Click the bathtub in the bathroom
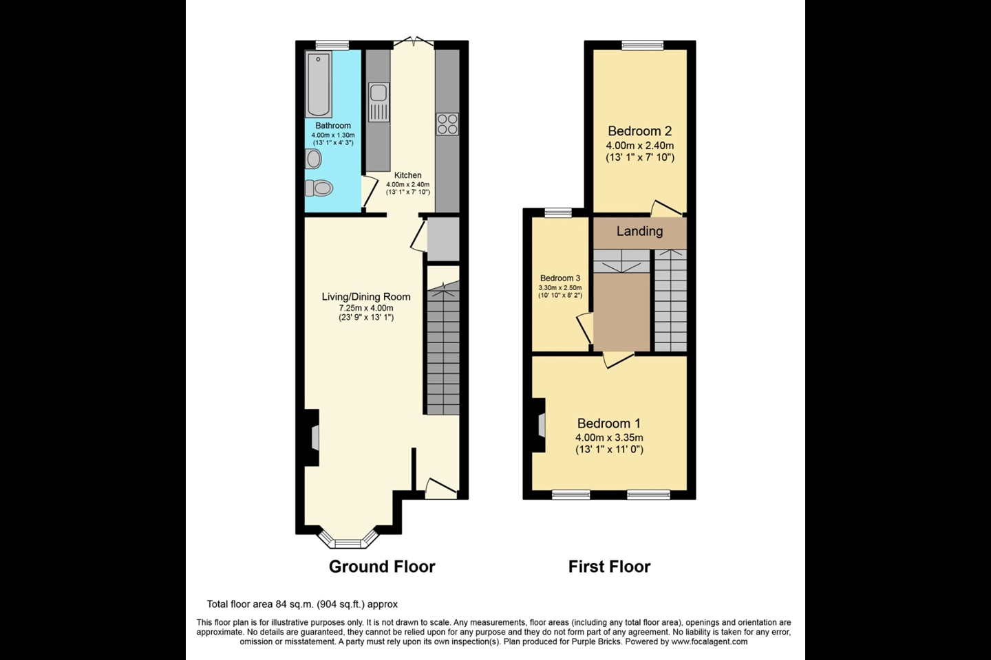tap(319, 84)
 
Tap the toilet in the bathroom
tap(319, 188)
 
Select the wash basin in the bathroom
tap(313, 159)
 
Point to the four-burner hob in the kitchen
tap(447, 123)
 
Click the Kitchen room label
tap(407, 175)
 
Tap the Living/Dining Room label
tap(366, 297)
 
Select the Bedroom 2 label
tap(639, 131)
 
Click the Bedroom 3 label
tap(560, 278)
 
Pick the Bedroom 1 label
tap(609, 423)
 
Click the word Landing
tap(639, 231)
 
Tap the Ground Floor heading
tap(382, 566)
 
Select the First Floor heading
tap(609, 566)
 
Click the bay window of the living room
tap(348, 541)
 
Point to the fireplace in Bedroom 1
tap(540, 426)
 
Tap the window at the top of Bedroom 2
tap(642, 46)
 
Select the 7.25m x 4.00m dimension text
tap(366, 308)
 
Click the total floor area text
tap(302, 604)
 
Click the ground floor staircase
tap(443, 351)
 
